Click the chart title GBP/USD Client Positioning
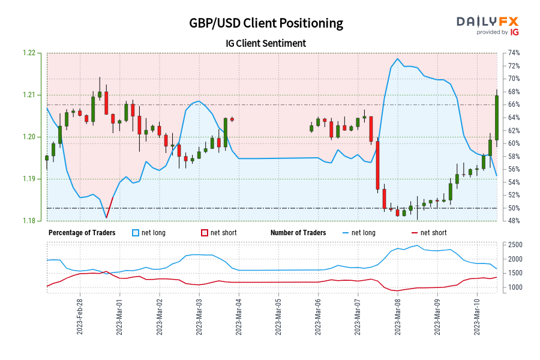click(266, 23)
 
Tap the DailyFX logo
click(488, 25)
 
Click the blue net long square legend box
click(135, 233)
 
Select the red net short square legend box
click(204, 233)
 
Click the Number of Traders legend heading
click(298, 233)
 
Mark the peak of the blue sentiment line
click(398, 59)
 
